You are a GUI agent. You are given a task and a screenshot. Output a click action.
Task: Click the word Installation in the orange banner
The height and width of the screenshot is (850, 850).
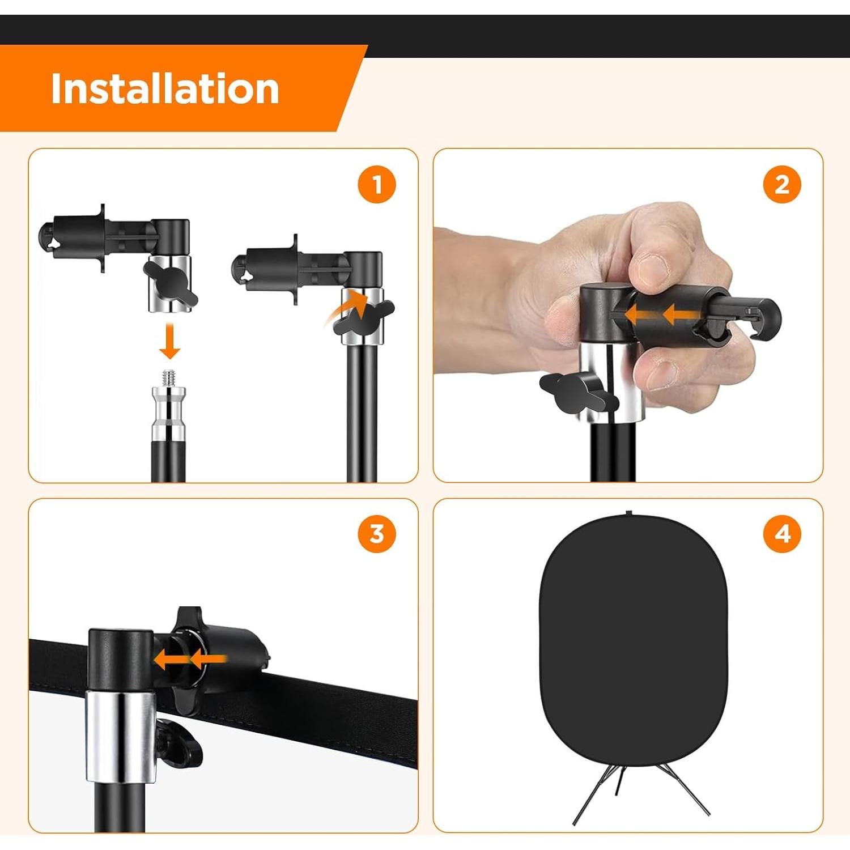click(165, 89)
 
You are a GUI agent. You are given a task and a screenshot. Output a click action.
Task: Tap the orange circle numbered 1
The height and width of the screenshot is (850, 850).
click(377, 184)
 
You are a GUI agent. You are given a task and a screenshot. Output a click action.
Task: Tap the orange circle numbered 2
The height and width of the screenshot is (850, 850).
click(782, 184)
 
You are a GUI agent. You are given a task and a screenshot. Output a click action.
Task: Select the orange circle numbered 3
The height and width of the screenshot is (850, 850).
click(377, 534)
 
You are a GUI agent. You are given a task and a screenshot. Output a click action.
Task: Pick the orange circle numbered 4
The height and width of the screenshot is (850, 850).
click(782, 534)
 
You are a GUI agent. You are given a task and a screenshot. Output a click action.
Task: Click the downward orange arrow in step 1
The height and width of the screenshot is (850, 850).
click(169, 342)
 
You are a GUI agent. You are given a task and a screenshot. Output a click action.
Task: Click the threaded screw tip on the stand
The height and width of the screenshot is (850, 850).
click(169, 377)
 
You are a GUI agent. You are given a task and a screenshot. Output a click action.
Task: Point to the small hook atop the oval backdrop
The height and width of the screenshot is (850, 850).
click(628, 513)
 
